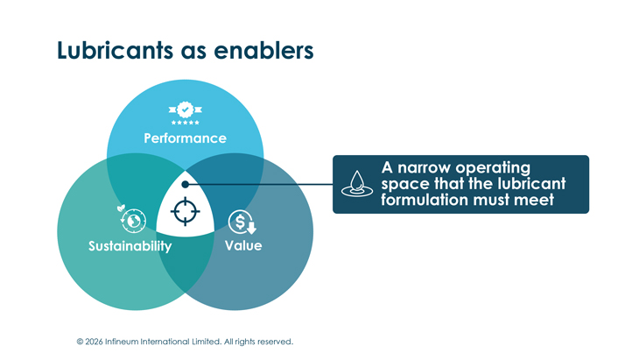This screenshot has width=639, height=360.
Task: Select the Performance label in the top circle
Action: pyautogui.click(x=185, y=138)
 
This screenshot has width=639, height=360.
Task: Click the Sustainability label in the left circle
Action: pyautogui.click(x=130, y=246)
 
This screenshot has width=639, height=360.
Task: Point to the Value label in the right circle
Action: pyautogui.click(x=242, y=245)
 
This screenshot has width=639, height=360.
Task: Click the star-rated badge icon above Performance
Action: pyautogui.click(x=185, y=111)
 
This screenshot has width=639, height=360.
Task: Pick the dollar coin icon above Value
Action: pyautogui.click(x=242, y=221)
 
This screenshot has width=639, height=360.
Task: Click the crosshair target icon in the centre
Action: pyautogui.click(x=185, y=211)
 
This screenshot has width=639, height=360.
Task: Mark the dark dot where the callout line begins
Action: pyautogui.click(x=185, y=184)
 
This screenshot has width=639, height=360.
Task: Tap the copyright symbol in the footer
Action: pyautogui.click(x=80, y=342)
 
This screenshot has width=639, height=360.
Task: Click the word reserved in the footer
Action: pyautogui.click(x=272, y=342)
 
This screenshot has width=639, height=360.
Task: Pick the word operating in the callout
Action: pyautogui.click(x=501, y=167)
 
